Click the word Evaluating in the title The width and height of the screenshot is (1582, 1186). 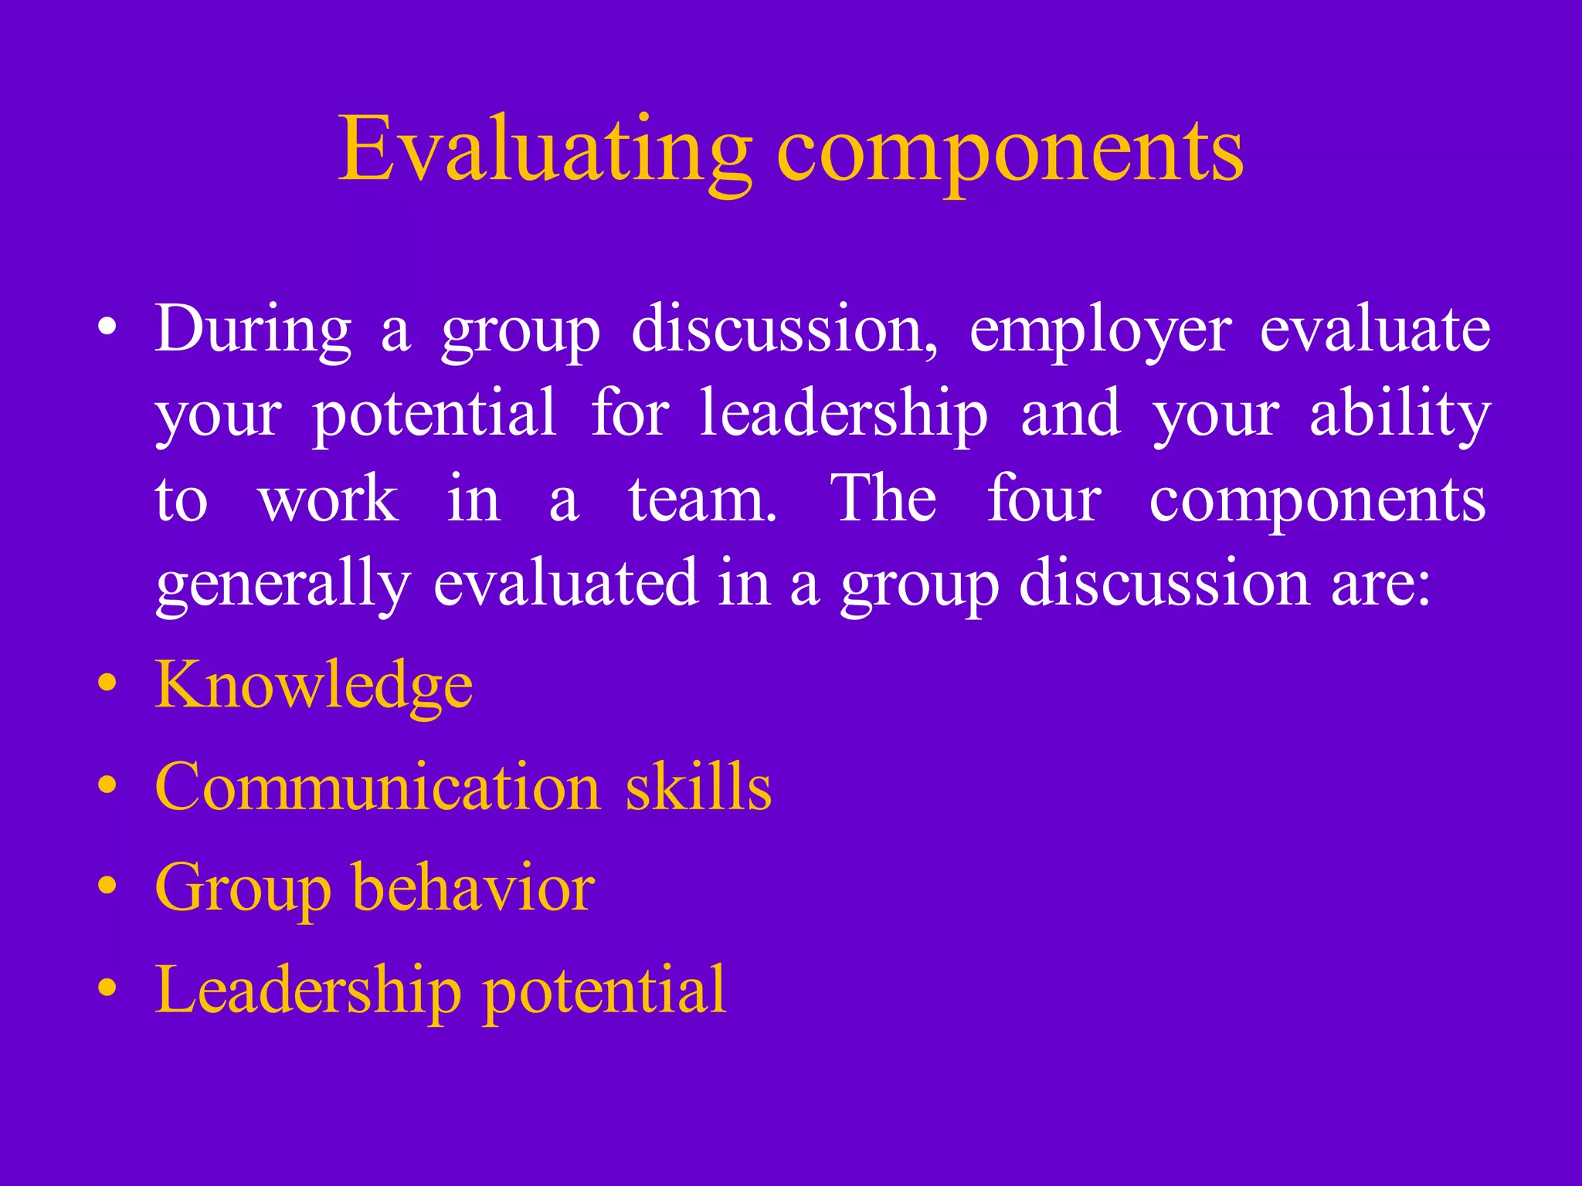tap(545, 151)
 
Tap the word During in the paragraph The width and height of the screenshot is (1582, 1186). tap(253, 330)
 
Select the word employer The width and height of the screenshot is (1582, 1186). tap(1100, 332)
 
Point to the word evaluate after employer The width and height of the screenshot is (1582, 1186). tap(1375, 330)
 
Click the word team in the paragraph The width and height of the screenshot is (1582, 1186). tap(701, 500)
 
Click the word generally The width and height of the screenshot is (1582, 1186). tap(283, 585)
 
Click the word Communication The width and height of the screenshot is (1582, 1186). tap(378, 787)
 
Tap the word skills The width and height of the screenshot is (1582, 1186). tap(698, 787)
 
